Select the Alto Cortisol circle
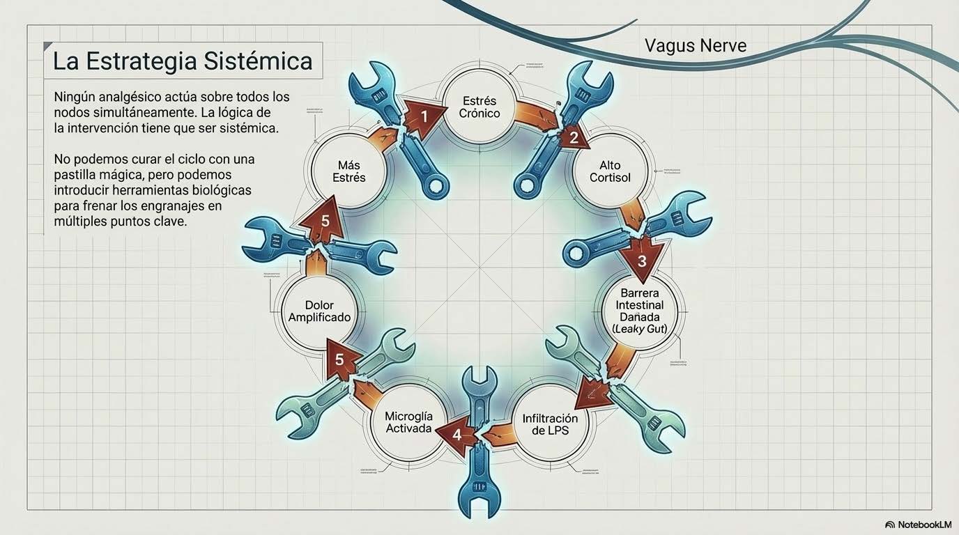[610, 171]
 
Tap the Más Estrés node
[348, 171]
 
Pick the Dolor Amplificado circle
[319, 311]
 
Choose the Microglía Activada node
[408, 422]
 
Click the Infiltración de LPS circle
[550, 424]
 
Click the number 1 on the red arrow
[424, 116]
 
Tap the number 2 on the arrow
[574, 137]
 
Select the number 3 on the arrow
[642, 261]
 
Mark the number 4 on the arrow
[457, 434]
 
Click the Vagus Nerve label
[695, 46]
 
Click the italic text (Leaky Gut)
[639, 328]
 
